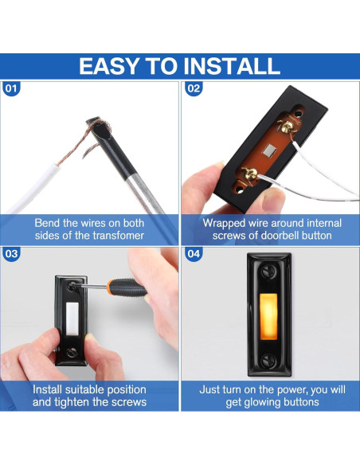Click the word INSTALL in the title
(230, 65)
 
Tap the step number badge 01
(11, 88)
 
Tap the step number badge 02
(194, 88)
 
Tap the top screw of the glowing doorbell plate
(270, 272)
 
